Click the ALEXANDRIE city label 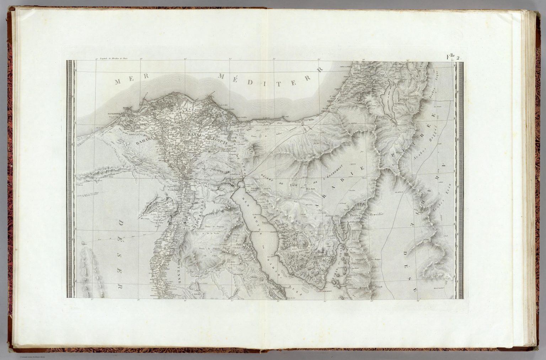pyautogui.click(x=114, y=114)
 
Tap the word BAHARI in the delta pyautogui.click(x=142, y=141)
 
